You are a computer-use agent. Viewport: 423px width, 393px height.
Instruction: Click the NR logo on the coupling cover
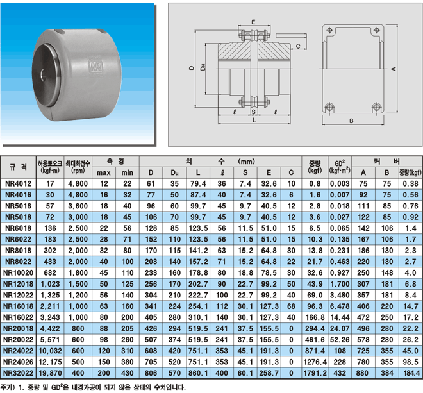[x=95, y=67]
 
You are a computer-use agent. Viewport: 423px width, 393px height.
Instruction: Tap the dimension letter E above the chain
[x=253, y=22]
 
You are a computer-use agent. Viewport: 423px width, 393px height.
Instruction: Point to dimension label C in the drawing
[x=298, y=46]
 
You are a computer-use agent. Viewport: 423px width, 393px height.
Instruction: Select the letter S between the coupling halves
[x=254, y=112]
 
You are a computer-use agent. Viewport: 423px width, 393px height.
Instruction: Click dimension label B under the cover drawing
[x=351, y=121]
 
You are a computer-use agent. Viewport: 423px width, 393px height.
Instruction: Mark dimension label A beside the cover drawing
[x=394, y=69]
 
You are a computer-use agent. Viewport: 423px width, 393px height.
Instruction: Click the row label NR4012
[x=19, y=184]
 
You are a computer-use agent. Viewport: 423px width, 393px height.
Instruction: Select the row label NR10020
[x=19, y=273]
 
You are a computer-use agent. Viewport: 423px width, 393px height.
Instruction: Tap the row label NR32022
[x=19, y=373]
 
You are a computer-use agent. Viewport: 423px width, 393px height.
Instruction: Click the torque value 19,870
[x=50, y=373]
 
